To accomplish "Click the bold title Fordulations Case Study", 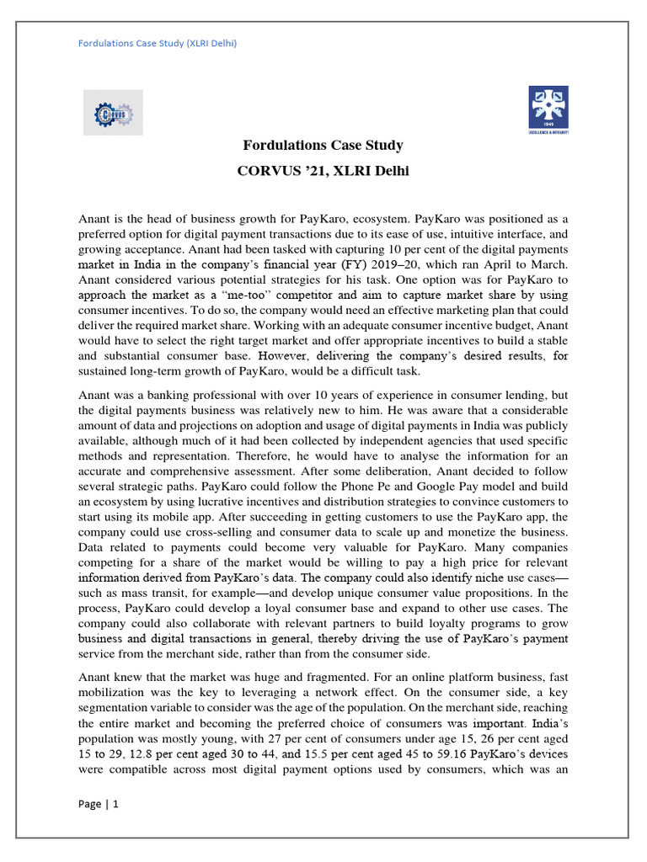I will (x=323, y=146).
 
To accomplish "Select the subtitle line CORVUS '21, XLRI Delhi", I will (x=323, y=172).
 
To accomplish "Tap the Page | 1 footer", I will (x=99, y=804).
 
